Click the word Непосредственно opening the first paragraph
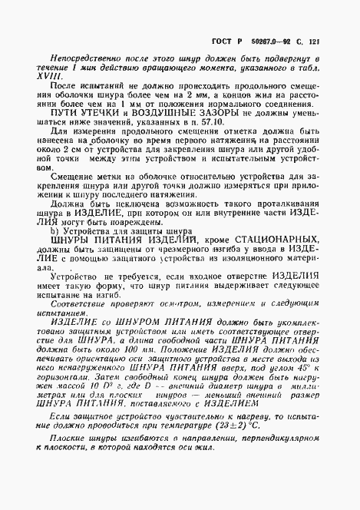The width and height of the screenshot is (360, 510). coord(78,58)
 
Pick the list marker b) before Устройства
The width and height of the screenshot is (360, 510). coord(54,230)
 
